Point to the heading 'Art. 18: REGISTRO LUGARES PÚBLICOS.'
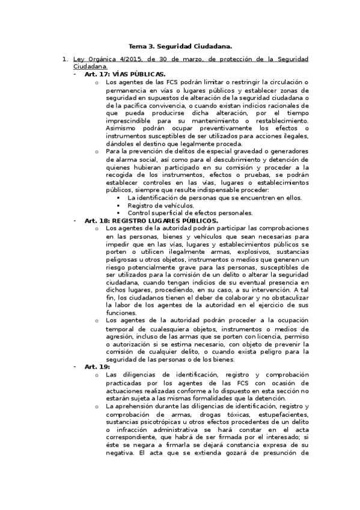click(151, 221)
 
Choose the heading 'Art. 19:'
click(97, 366)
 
